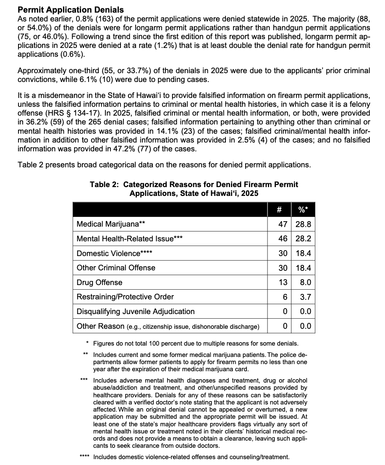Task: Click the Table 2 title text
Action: pos(194,189)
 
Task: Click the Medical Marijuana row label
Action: pos(111,224)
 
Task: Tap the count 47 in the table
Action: pos(283,224)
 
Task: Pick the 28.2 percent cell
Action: pos(303,239)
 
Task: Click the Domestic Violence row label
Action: pos(114,253)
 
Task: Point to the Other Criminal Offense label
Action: pos(116,268)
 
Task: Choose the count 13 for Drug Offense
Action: pos(283,283)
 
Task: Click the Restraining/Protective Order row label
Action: pos(125,297)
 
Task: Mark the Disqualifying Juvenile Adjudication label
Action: pos(136,312)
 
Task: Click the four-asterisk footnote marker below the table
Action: pos(85,457)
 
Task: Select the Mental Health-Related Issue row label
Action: pos(129,239)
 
